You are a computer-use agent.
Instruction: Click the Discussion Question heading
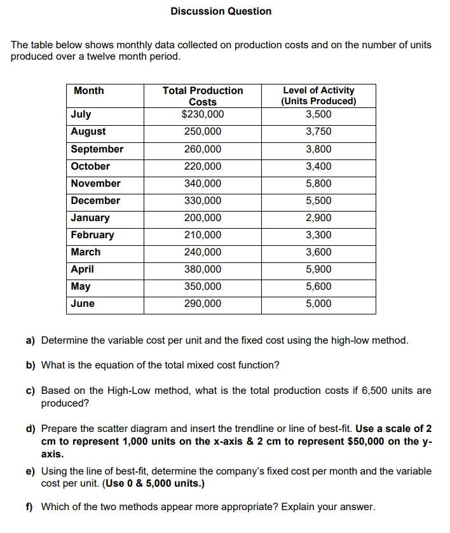pos(221,11)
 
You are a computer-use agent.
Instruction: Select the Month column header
pos(89,91)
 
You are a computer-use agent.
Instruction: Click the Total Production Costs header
pos(203,96)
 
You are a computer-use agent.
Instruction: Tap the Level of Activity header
pos(318,96)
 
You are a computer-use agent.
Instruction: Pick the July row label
pos(81,114)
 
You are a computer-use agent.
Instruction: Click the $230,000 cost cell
pos(203,114)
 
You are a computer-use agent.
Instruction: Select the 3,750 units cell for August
pos(318,132)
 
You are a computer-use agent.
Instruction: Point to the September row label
pos(97,149)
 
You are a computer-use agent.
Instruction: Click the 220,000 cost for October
pos(203,166)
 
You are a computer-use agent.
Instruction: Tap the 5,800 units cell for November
pos(318,184)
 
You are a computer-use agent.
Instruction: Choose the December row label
pos(95,201)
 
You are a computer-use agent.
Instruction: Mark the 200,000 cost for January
pos(203,218)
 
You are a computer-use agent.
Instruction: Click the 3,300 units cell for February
pos(318,235)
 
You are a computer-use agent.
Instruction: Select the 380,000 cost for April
pos(203,269)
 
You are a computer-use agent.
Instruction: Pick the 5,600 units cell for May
pos(318,287)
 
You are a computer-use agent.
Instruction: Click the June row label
pos(83,304)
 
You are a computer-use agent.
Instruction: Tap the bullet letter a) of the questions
pos(30,341)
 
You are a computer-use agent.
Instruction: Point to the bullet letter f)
pos(29,507)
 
